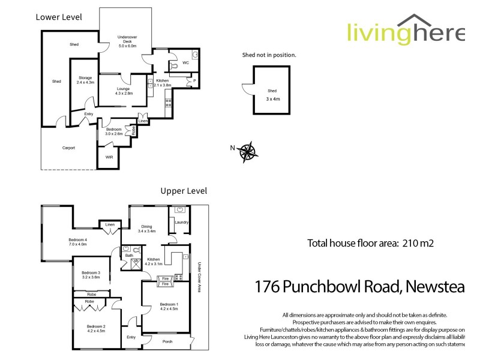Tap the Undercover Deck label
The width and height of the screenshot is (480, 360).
(127, 41)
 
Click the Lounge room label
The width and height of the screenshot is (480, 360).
(124, 90)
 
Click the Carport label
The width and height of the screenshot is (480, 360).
(68, 148)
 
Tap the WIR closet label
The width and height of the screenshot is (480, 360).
(109, 157)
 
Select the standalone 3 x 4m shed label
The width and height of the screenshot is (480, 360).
(272, 93)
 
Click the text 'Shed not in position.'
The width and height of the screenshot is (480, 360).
(269, 55)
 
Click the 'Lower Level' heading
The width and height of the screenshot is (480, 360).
(59, 17)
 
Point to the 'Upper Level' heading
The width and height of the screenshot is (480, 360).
(184, 191)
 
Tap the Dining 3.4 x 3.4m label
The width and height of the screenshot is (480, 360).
(147, 228)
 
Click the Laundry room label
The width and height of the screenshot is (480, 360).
(182, 222)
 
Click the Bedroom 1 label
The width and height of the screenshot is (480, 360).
(169, 307)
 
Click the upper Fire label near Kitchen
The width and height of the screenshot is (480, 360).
(165, 278)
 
